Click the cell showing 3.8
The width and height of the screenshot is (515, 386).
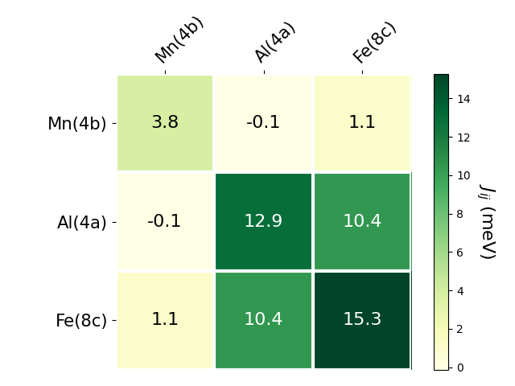[165, 123]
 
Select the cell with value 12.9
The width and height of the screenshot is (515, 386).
[263, 221]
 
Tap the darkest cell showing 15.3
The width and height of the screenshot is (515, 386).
[362, 319]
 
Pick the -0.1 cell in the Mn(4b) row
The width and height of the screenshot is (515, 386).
[263, 123]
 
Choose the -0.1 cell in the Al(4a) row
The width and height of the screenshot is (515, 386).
[165, 221]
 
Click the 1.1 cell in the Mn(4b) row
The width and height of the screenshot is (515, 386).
[362, 123]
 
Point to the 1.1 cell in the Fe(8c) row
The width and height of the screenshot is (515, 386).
[165, 319]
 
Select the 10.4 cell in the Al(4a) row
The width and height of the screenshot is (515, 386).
[362, 221]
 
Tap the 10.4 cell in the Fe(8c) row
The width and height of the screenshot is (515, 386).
[263, 319]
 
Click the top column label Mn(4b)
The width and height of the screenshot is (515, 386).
[179, 39]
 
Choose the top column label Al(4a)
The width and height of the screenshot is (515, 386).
[275, 42]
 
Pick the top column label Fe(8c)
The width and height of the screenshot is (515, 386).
[375, 42]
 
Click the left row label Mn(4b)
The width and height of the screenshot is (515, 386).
[77, 124]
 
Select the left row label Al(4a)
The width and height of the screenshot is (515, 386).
[82, 223]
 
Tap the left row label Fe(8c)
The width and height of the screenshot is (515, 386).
[81, 321]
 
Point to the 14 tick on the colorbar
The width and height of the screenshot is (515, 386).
[463, 99]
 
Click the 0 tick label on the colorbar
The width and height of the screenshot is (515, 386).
[460, 368]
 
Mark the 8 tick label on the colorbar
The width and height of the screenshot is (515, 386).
[460, 214]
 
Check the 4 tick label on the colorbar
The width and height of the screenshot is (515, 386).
[460, 291]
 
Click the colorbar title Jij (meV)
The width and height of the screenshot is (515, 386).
[488, 222]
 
